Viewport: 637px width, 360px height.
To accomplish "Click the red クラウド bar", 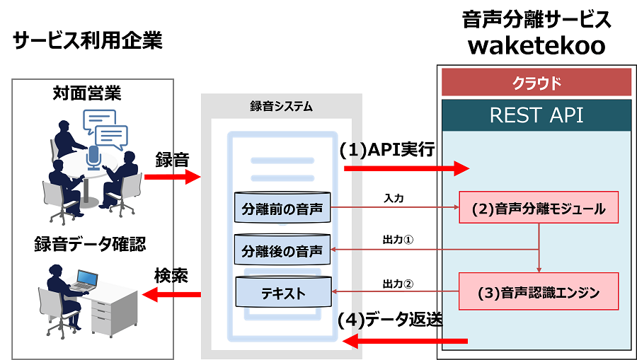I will point(536,83).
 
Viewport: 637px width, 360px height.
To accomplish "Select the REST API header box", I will point(536,115).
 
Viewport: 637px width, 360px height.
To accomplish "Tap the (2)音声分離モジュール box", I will point(539,209).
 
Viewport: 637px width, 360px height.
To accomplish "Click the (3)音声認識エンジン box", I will point(539,291).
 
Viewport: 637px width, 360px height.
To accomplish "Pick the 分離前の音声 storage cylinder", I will point(282,209).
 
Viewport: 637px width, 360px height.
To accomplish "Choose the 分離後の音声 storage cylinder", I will point(282,250).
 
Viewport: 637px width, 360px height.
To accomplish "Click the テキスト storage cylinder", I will point(282,291).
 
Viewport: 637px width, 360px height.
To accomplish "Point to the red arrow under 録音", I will point(172,177).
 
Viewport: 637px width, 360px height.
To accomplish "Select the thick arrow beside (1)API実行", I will point(406,168).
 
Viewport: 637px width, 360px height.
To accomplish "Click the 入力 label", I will point(394,198).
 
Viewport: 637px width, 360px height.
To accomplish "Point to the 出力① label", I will point(398,240).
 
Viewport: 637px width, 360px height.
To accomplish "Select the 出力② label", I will point(398,284).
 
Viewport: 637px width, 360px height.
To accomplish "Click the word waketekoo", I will point(536,45).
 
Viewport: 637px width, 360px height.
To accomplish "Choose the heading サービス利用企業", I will point(88,41).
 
